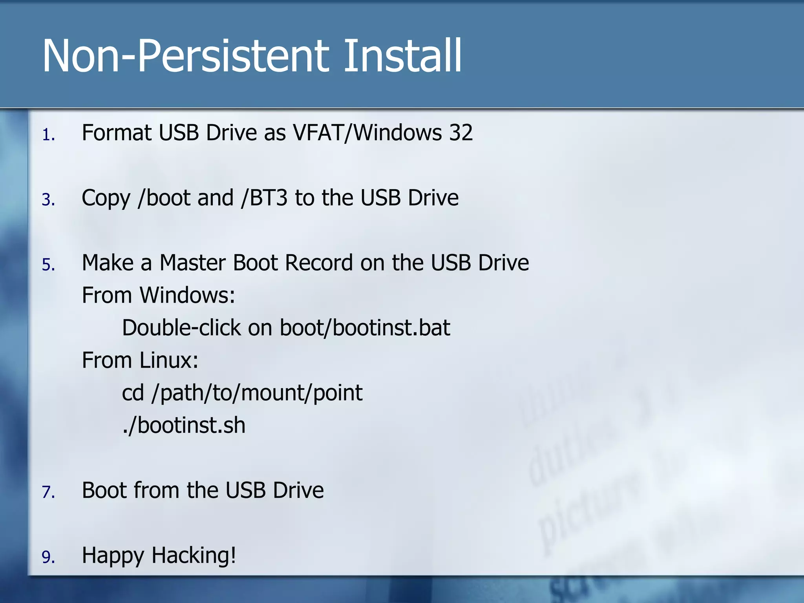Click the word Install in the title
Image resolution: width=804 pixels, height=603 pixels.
click(402, 56)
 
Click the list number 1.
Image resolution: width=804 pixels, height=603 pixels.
click(48, 135)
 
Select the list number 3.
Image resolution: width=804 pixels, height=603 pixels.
click(48, 200)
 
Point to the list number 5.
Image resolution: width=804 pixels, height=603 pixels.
click(48, 265)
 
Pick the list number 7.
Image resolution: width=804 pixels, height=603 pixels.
click(48, 492)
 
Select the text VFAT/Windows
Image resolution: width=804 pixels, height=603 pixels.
click(367, 133)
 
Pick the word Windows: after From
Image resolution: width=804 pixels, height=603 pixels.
click(187, 296)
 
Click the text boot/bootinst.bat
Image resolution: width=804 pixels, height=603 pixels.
click(365, 328)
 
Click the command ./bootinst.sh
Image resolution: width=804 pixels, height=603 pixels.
click(184, 426)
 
